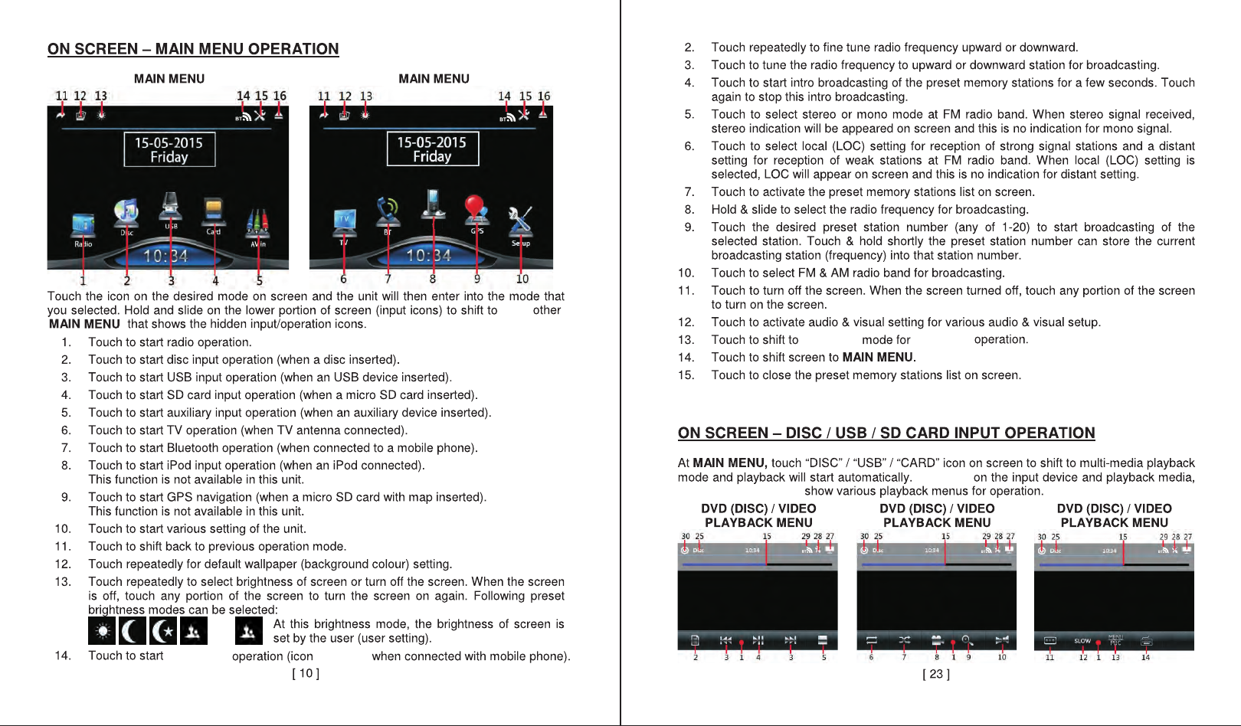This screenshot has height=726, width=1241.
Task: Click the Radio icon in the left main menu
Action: click(x=83, y=225)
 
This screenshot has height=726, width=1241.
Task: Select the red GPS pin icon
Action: click(x=476, y=208)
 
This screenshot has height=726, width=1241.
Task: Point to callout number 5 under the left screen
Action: click(x=259, y=280)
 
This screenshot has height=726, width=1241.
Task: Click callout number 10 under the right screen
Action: click(x=522, y=280)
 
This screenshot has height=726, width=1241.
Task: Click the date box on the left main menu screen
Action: click(x=169, y=149)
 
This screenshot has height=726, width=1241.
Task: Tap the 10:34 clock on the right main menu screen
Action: click(x=429, y=255)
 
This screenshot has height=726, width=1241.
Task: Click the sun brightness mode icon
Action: click(x=102, y=631)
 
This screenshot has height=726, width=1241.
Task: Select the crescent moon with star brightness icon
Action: click(x=162, y=631)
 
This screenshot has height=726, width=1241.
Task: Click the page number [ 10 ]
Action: click(x=306, y=673)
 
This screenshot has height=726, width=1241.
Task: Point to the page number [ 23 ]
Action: click(x=935, y=674)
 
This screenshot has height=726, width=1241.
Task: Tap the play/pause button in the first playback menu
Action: click(x=758, y=640)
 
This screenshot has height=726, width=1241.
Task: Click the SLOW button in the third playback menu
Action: click(x=1082, y=641)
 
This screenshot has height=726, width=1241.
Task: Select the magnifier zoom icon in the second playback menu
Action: click(x=966, y=639)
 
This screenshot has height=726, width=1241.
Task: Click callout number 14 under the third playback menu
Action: click(x=1145, y=657)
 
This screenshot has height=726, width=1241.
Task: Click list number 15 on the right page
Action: click(x=686, y=375)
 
